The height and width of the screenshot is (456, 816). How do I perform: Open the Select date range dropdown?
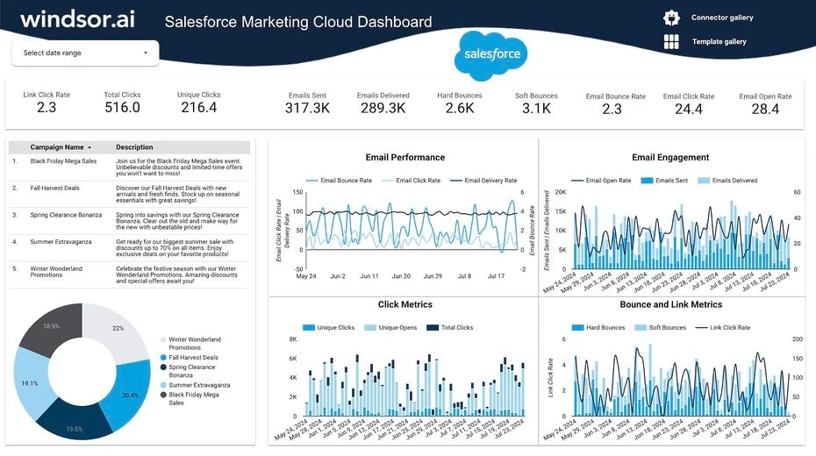(85, 53)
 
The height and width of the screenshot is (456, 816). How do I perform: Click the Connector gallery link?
(721, 18)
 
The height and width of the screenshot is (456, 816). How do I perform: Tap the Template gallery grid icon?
(671, 41)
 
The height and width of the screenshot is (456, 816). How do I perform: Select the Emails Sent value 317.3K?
(307, 109)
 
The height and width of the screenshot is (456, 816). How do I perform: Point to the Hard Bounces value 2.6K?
(460, 109)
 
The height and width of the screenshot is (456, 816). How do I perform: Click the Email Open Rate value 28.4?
(765, 109)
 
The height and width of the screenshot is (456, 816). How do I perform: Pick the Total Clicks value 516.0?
(122, 108)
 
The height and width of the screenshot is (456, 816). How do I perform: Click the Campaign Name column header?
(57, 147)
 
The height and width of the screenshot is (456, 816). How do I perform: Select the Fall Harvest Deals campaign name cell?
(54, 188)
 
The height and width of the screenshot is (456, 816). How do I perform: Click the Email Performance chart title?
(404, 158)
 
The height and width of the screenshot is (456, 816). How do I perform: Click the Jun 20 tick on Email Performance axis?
(401, 276)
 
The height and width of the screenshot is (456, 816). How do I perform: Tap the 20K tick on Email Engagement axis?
(561, 192)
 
